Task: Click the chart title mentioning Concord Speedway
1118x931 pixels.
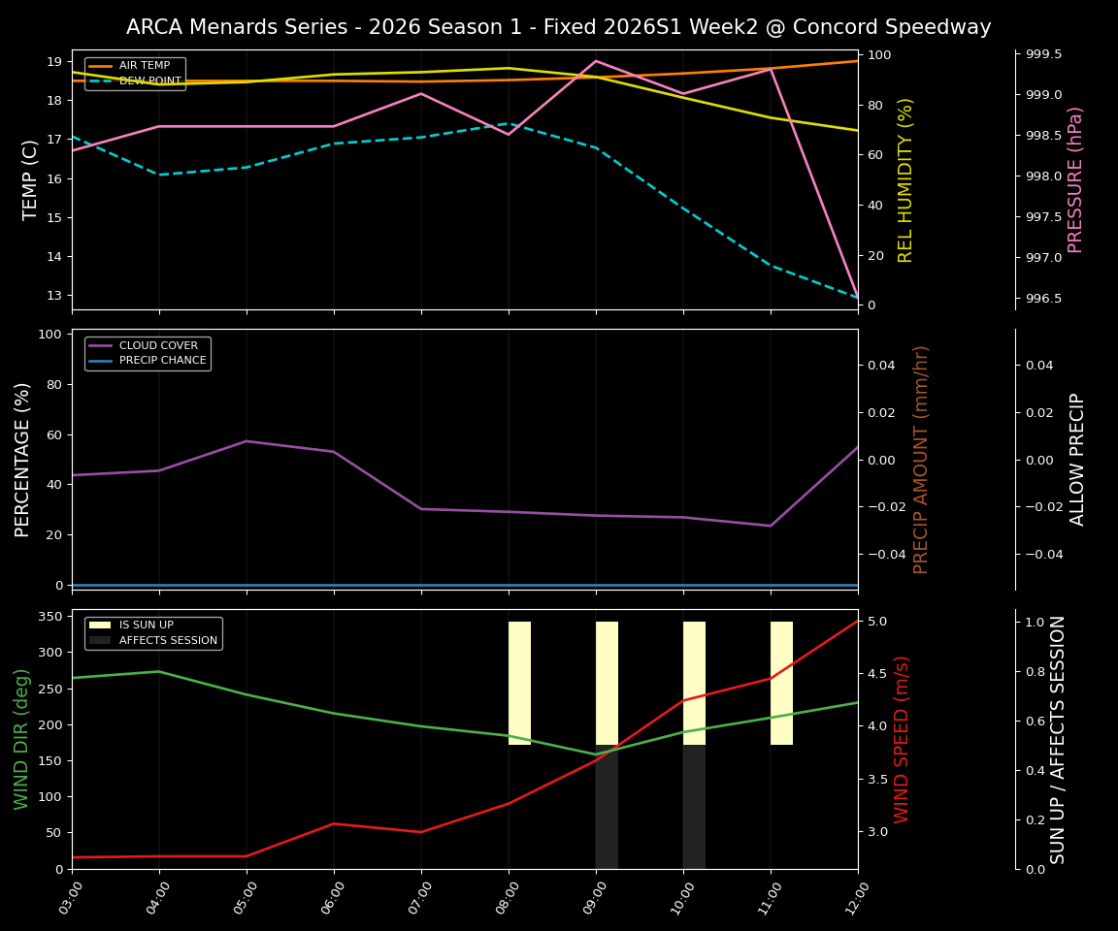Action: [x=558, y=27]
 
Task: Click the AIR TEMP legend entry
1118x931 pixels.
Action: [x=144, y=66]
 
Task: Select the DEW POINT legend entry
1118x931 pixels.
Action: [x=149, y=81]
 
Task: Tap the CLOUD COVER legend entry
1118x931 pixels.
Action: [x=158, y=345]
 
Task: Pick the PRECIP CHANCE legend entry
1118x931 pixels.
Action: [x=162, y=361]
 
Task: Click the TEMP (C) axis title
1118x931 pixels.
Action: [x=31, y=179]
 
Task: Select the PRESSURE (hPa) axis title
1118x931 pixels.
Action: [x=1075, y=179]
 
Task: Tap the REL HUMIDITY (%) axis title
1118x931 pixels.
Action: [x=905, y=179]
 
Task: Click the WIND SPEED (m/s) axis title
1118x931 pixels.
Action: [x=903, y=739]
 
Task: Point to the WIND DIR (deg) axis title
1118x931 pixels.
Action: [x=21, y=739]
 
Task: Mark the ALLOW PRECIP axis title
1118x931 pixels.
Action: [x=1077, y=459]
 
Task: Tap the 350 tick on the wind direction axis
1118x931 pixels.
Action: [x=52, y=617]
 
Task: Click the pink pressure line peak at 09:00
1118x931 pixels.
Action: [x=596, y=61]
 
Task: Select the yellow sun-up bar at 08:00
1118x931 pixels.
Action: [x=519, y=683]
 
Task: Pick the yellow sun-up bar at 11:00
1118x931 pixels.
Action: [x=781, y=683]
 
